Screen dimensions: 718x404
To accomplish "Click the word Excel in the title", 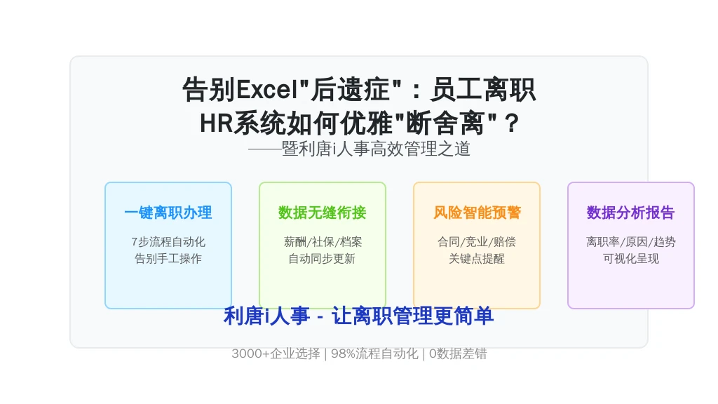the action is [267, 89].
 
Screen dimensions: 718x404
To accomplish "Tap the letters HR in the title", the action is [217, 123].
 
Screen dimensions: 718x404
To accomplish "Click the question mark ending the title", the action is [511, 123].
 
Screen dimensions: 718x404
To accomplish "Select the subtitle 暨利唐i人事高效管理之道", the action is [376, 149].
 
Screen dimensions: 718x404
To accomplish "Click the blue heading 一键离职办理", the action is [168, 213].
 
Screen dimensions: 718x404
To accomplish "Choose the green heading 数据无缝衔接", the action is [323, 213].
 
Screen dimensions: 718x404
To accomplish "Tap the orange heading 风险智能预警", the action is [477, 213].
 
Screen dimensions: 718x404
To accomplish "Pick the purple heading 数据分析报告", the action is [631, 213].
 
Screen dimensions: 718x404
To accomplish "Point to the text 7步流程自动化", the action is [168, 242].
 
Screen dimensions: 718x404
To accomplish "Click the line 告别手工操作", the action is [168, 259].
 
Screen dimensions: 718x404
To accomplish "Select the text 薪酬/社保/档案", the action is [323, 242].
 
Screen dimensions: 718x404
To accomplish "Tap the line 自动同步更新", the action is [323, 259].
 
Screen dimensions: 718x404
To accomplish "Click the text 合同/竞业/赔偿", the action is [477, 242].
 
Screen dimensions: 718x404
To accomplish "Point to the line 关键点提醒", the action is [477, 259].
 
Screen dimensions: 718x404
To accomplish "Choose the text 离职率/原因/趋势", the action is [631, 242].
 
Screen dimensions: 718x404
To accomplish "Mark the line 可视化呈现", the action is [631, 259].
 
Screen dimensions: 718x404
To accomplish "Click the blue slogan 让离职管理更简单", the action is [412, 316].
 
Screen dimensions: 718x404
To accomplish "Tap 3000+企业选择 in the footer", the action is [276, 353].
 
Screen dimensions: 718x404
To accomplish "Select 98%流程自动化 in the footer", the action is [374, 353].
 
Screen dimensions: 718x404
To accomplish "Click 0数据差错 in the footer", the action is [458, 353].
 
